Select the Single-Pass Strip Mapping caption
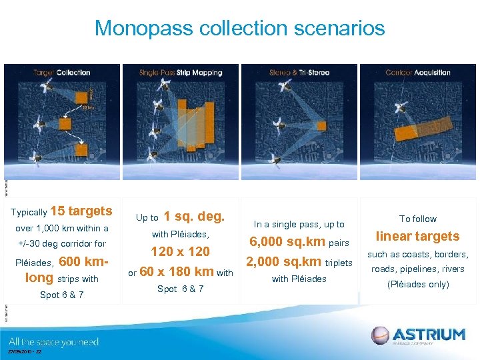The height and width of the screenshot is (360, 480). click(180, 72)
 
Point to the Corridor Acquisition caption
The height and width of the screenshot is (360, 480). click(418, 72)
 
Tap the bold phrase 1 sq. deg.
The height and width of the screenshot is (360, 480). click(194, 217)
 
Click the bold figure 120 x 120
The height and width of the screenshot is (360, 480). click(180, 251)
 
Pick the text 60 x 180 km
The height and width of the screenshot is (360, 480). click(176, 271)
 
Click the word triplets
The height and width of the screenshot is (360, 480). click(339, 263)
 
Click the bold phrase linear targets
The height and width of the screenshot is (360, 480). click(418, 236)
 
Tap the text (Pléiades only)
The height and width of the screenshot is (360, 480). click(418, 284)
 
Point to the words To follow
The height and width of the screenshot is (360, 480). click(418, 219)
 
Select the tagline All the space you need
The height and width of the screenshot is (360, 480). click(54, 342)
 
